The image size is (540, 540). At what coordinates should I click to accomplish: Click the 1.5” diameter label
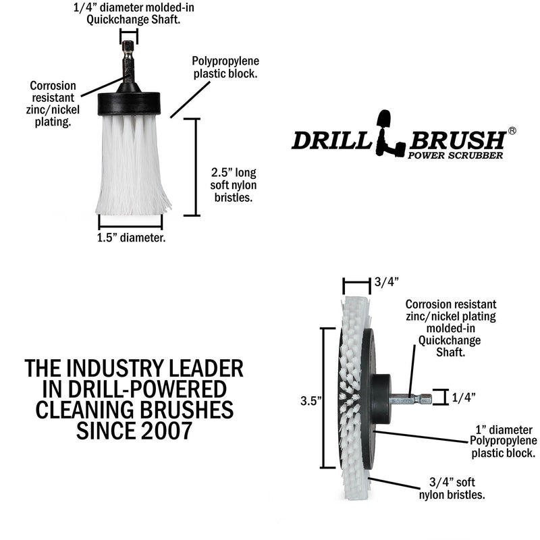tap(132, 238)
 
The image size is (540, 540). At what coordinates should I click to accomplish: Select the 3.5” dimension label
tap(310, 400)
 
